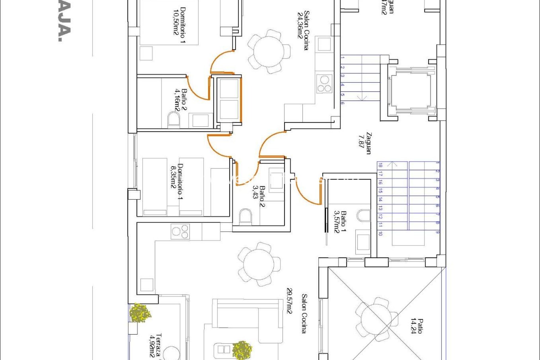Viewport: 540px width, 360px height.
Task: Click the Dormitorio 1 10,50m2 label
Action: [x=179, y=25]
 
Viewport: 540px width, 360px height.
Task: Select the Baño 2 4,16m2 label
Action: [x=181, y=100]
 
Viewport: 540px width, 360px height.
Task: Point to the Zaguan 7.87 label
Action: [x=365, y=143]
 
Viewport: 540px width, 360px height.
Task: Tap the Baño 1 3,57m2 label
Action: [x=340, y=222]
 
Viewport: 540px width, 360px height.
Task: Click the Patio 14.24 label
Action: [x=417, y=326]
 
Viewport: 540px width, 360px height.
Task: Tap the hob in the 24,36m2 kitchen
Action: [x=324, y=84]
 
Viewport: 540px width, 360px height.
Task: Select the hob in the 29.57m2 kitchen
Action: [x=180, y=231]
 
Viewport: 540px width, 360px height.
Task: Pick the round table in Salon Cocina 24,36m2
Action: [x=269, y=52]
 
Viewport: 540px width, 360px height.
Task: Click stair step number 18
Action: [x=380, y=165]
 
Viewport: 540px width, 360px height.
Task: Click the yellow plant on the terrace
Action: [x=140, y=313]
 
